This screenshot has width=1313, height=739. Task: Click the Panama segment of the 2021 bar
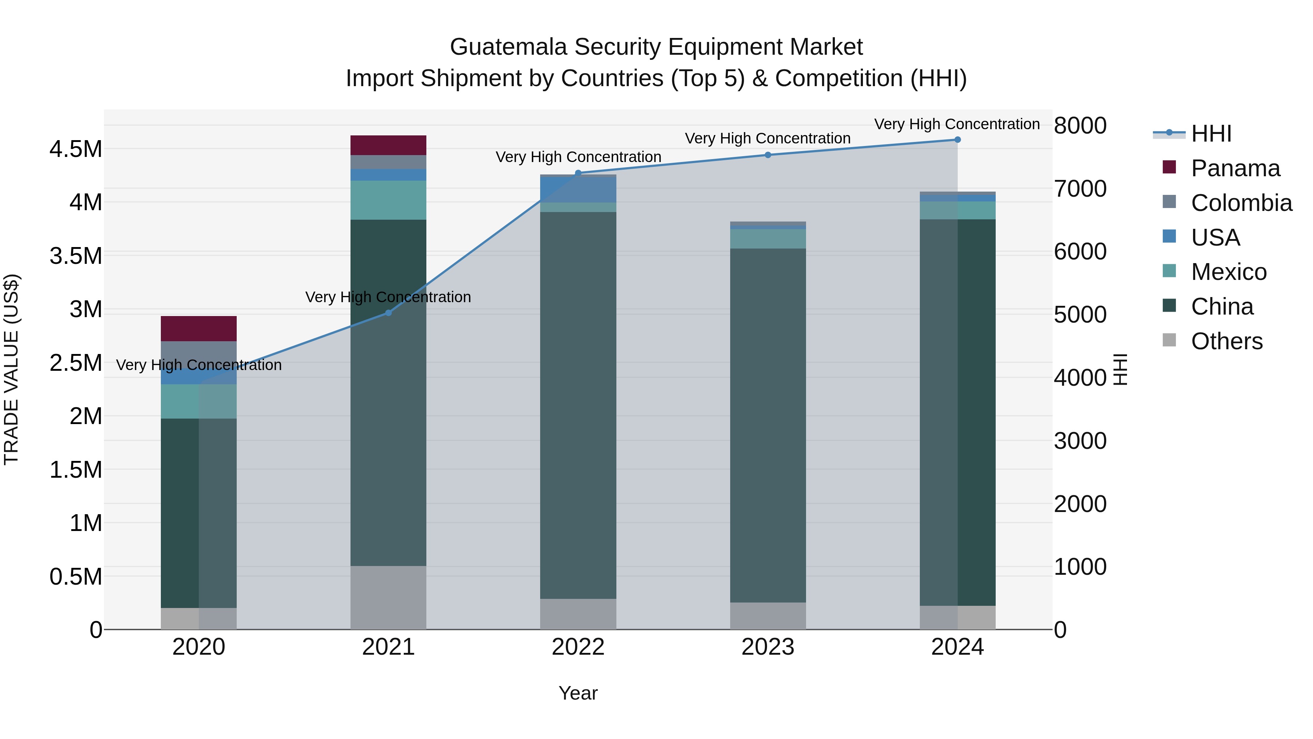[x=388, y=145]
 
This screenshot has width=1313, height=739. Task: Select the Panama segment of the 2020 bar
[x=198, y=328]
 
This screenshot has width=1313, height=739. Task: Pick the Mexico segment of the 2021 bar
[x=388, y=200]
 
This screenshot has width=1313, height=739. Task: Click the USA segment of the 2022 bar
[x=578, y=189]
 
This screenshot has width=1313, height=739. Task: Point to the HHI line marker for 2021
[x=388, y=313]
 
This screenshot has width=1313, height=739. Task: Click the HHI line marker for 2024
[x=957, y=140]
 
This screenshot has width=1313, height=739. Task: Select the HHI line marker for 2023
[x=768, y=155]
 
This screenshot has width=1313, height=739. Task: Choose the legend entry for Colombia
[x=1241, y=203]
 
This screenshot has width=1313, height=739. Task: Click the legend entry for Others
[x=1226, y=341]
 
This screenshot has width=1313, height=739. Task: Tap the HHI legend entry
[x=1211, y=134]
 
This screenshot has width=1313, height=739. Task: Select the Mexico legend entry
[x=1228, y=272]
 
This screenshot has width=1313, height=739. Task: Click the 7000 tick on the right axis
[x=1080, y=189]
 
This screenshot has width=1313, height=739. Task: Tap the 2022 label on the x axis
[x=578, y=647]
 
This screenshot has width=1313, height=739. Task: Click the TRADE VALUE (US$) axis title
[x=11, y=369]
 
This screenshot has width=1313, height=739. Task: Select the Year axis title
[x=578, y=693]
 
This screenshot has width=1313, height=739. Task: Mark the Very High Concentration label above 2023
[x=768, y=138]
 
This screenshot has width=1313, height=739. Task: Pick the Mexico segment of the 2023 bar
[x=768, y=239]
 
